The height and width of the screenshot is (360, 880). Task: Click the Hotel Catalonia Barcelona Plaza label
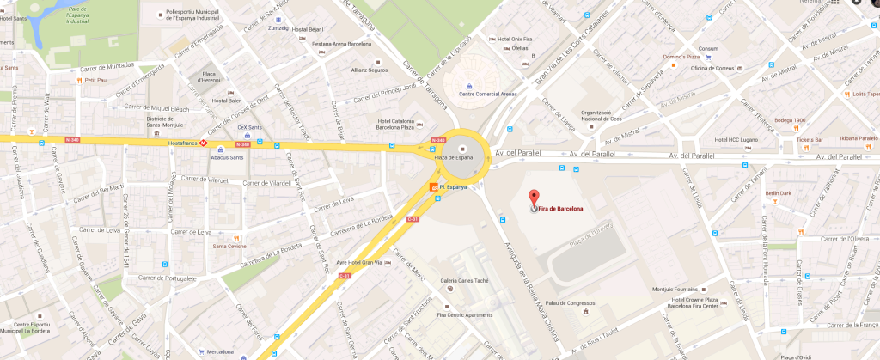401,125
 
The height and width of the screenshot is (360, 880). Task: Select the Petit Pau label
95,80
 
